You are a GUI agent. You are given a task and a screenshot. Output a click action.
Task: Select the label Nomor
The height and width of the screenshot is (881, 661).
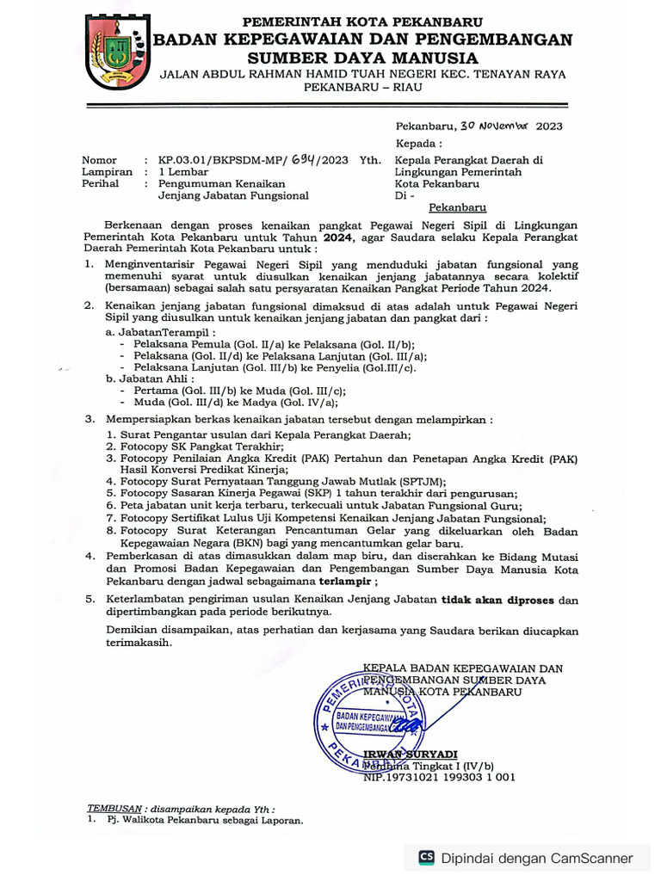coord(98,161)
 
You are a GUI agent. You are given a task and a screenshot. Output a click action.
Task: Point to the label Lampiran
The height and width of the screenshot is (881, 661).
coord(107,172)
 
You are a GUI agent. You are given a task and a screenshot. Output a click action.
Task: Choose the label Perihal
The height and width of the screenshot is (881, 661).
coord(100,184)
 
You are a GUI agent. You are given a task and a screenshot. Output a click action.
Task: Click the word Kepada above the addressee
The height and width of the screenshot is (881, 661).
coord(418,143)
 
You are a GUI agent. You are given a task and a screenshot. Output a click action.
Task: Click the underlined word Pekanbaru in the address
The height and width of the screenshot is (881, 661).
coord(458,207)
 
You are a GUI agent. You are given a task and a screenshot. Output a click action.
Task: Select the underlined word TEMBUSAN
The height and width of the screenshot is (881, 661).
coord(114,809)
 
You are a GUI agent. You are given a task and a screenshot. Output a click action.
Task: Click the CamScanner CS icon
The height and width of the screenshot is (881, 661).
coord(426,857)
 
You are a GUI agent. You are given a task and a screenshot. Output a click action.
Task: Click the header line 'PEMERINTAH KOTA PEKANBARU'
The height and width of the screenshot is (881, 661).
coord(362,21)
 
